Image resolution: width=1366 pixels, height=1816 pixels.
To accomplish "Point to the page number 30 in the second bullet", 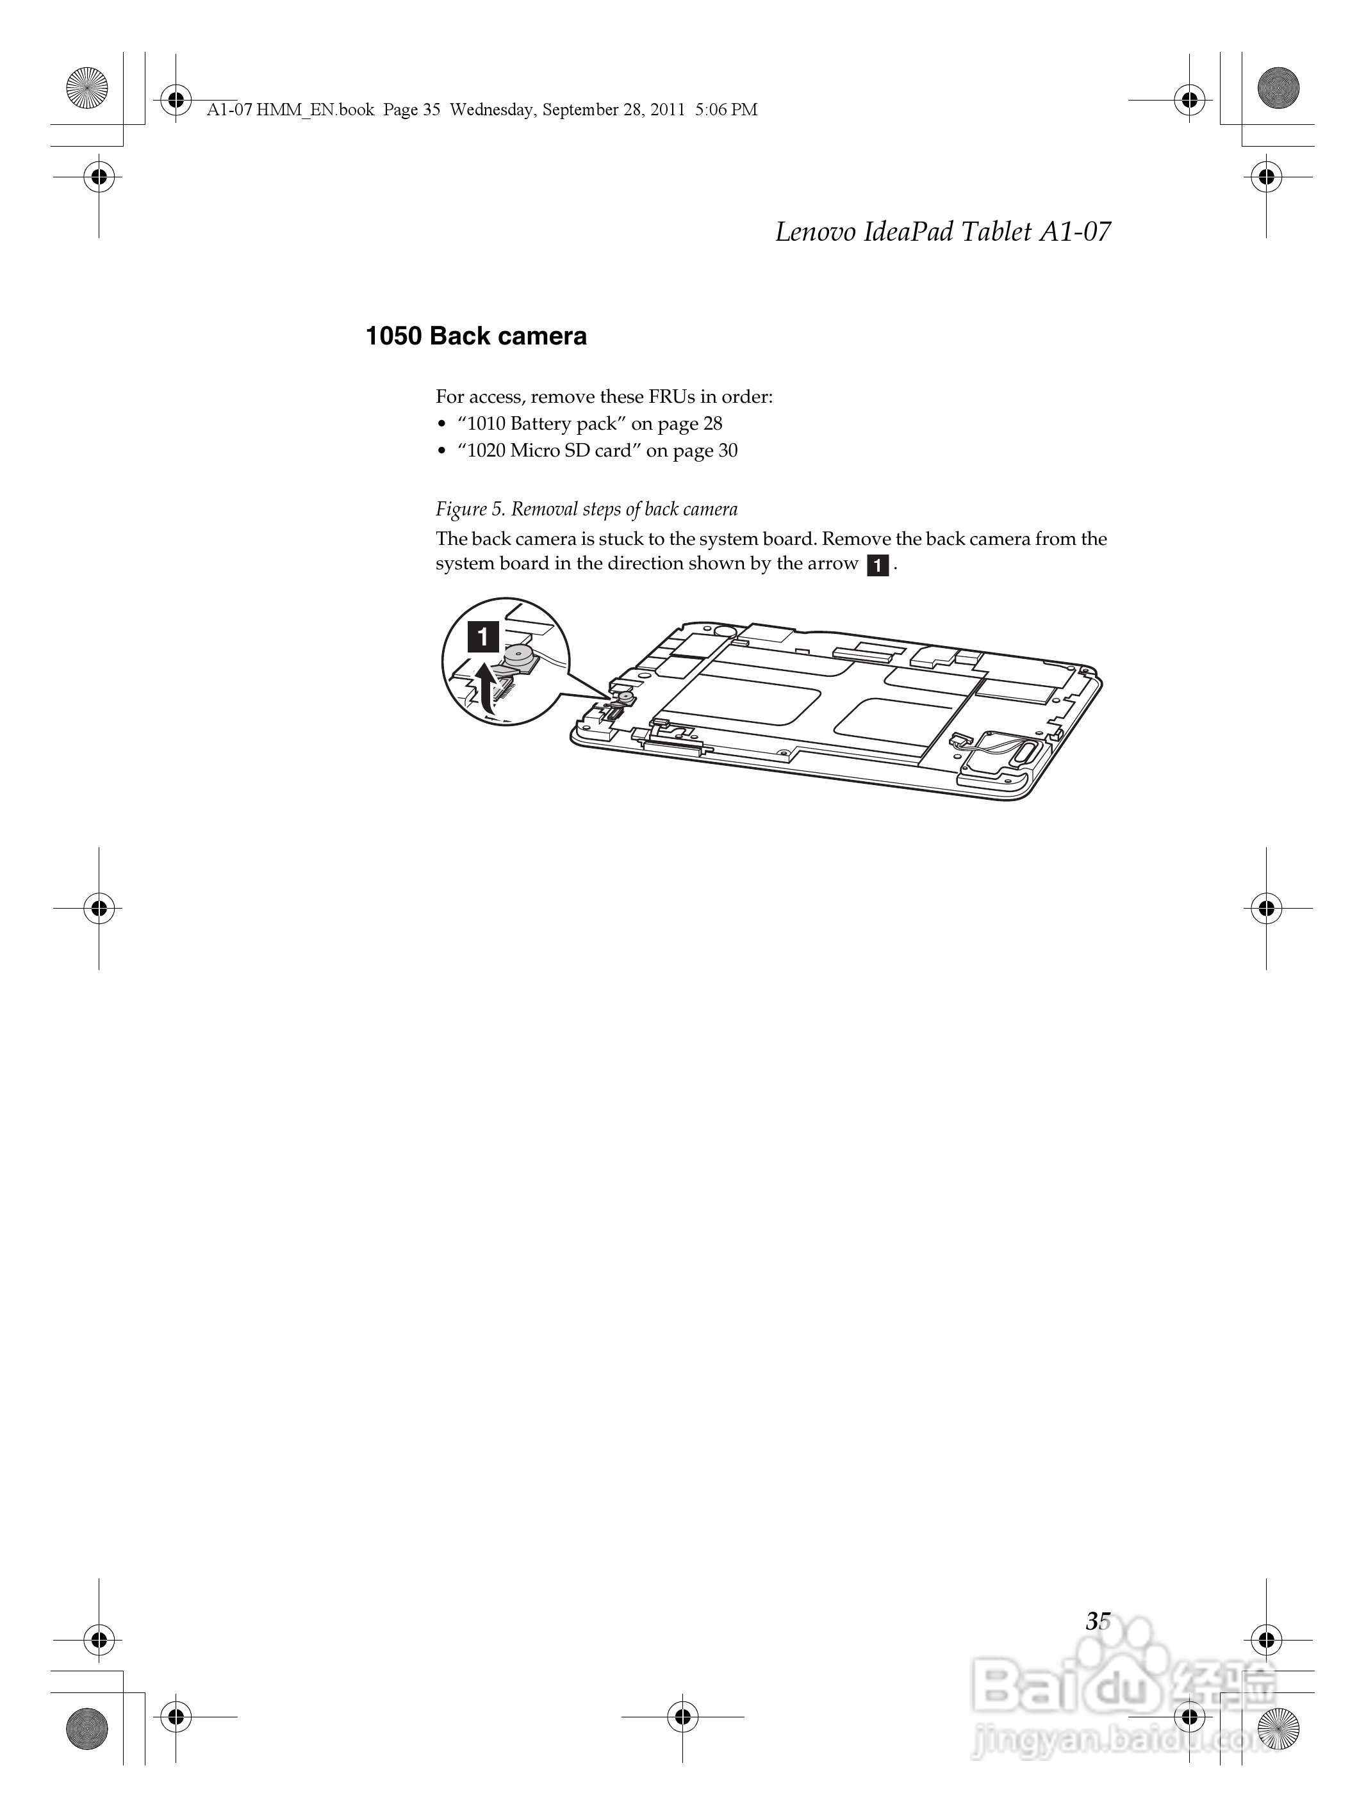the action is pos(727,451).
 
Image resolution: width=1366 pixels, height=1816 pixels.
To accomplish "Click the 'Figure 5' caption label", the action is pos(470,510).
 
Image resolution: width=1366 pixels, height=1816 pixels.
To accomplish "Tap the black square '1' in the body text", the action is pos(877,565).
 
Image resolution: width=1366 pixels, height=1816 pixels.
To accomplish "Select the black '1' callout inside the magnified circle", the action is pos(483,637).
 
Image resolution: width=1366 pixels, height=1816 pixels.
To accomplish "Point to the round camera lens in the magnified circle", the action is pos(518,654).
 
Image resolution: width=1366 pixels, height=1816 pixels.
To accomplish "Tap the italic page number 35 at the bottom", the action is pos(1098,1621).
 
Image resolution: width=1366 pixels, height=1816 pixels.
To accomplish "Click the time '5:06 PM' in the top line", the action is pos(725,110).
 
